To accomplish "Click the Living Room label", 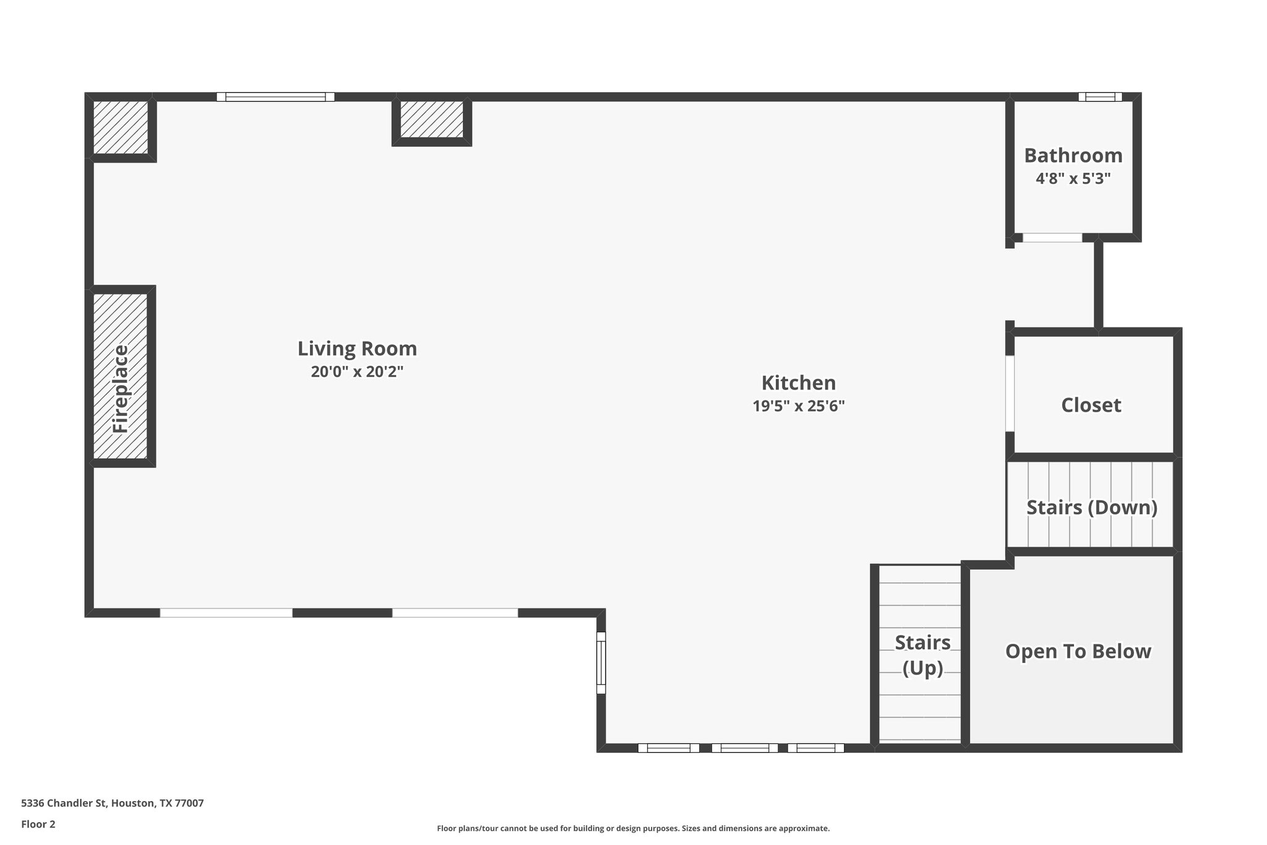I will [x=357, y=349].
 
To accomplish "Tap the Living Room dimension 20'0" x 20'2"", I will [x=357, y=371].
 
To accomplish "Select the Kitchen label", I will [x=798, y=383].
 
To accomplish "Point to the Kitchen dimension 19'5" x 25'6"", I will [x=798, y=406].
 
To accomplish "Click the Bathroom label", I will [x=1073, y=155].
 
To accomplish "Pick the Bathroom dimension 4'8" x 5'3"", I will [x=1073, y=179].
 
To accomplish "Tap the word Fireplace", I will [x=121, y=389].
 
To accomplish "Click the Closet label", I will [x=1091, y=405].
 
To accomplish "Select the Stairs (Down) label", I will [x=1091, y=507].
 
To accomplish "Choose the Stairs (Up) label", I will [x=922, y=655].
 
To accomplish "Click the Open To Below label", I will [x=1078, y=651].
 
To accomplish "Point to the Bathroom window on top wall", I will [x=1099, y=97].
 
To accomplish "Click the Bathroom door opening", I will [x=1052, y=238].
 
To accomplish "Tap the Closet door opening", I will [x=1010, y=393].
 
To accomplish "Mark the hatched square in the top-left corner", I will [x=121, y=128].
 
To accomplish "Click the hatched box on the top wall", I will [x=431, y=119].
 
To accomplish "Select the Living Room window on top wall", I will [x=275, y=97].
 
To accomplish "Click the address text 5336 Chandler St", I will [x=112, y=803].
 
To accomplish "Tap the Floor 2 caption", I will [x=38, y=824].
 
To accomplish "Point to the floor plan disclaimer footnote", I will [x=633, y=828].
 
